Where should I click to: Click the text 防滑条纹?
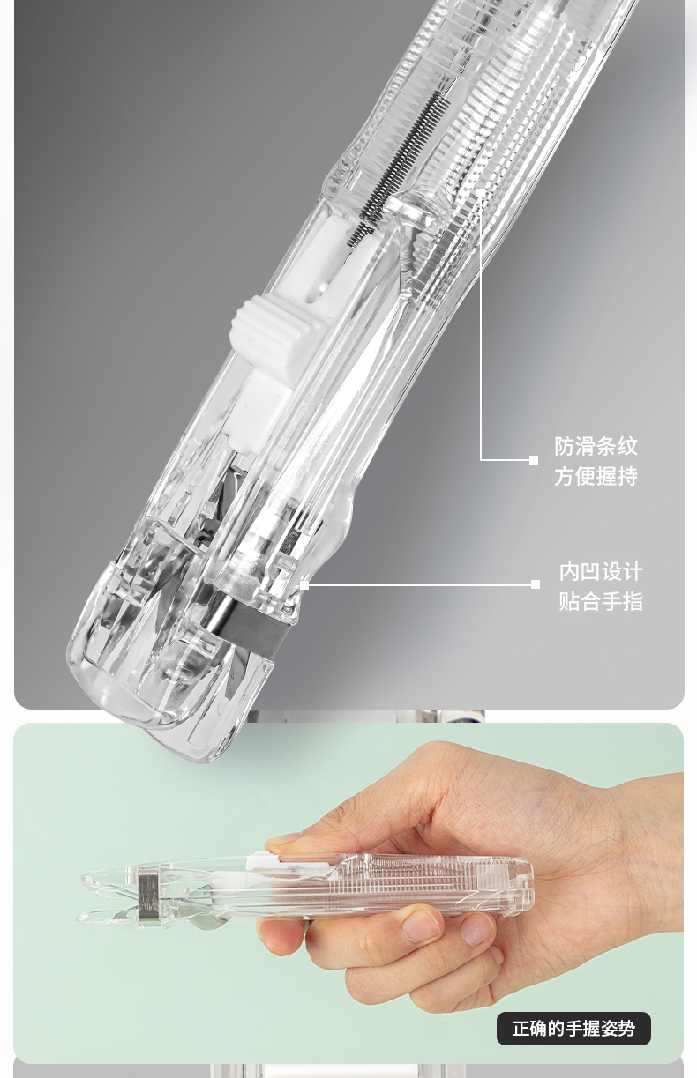coord(596,446)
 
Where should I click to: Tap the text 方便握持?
coord(596,476)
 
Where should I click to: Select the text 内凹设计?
coord(601,572)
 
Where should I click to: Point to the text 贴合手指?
coord(601,601)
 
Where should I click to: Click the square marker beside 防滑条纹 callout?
coord(534,459)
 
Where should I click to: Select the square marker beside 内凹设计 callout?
coord(536,584)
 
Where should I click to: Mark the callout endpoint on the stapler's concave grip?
coord(304,585)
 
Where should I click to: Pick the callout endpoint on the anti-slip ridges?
coord(481,192)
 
